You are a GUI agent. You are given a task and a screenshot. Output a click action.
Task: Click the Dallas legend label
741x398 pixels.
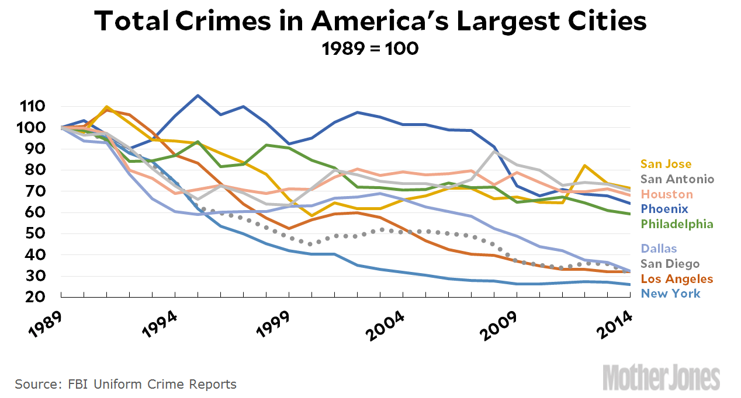[659, 249]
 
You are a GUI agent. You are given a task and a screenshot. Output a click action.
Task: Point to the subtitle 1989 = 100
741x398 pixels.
[370, 48]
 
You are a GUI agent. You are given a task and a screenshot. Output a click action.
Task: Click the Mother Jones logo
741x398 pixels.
[661, 376]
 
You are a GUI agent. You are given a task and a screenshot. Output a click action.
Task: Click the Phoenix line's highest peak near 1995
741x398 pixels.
[198, 95]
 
